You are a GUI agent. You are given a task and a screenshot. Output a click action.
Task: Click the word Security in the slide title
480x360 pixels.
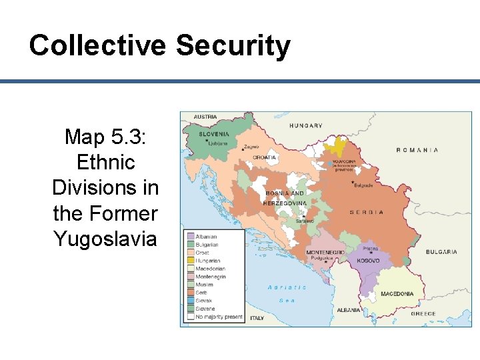[x=233, y=46]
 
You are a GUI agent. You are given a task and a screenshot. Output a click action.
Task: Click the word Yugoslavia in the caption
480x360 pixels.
[x=105, y=238]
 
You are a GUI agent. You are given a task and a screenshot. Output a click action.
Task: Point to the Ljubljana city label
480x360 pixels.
[x=217, y=143]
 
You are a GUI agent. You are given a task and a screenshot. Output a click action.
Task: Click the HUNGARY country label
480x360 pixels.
[x=305, y=125]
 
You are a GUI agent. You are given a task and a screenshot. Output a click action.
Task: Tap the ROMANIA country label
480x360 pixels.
[x=417, y=150]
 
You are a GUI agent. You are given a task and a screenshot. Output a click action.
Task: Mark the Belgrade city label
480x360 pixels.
[x=363, y=185]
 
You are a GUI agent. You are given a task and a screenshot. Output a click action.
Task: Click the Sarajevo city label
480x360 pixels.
[x=303, y=221]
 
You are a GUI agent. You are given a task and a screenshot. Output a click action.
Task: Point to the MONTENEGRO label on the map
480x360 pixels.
[x=325, y=253]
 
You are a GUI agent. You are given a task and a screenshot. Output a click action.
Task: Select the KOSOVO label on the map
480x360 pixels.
[x=368, y=261]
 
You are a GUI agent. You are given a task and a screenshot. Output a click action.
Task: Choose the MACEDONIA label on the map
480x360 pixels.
[x=397, y=294]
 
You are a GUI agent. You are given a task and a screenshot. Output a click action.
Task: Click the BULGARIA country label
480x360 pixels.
[x=442, y=252]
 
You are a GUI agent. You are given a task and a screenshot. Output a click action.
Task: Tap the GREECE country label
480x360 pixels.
[x=423, y=314]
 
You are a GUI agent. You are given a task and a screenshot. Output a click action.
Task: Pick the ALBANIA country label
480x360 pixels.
[x=349, y=310]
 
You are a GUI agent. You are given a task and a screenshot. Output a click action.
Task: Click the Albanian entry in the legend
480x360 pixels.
[x=206, y=237]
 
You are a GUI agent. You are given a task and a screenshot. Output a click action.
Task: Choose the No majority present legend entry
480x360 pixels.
[x=219, y=317]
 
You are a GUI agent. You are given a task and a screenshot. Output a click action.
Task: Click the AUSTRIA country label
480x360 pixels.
[x=205, y=117]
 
